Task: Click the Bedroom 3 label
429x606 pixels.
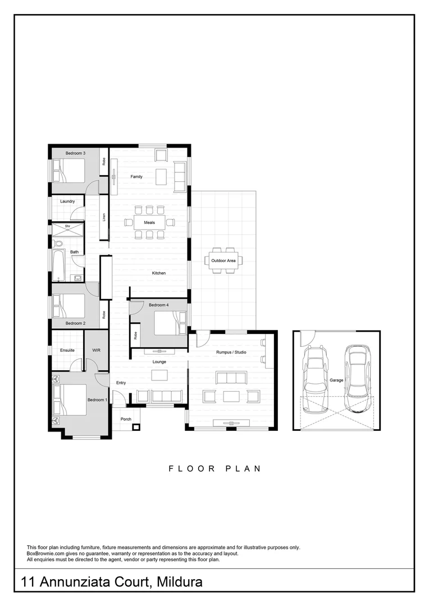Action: coord(75,153)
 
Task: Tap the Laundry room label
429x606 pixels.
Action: coord(67,201)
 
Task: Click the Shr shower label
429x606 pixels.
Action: coord(67,226)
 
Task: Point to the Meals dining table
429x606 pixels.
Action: coord(149,223)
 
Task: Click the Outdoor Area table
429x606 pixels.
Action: coord(223,260)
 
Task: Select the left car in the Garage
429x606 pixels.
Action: coord(316,371)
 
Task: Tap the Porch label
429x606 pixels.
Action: coord(126,419)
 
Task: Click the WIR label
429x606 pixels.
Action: coord(96,350)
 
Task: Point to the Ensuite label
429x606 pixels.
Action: coord(67,350)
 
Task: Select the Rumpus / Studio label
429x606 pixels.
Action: coord(231,352)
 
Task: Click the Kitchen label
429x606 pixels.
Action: coord(159,273)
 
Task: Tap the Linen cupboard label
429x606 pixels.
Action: coord(104,217)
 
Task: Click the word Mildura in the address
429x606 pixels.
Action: coord(180,582)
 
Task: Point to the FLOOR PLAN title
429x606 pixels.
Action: coord(214,469)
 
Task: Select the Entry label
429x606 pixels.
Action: coord(121,383)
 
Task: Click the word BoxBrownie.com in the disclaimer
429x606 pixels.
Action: coord(47,553)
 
